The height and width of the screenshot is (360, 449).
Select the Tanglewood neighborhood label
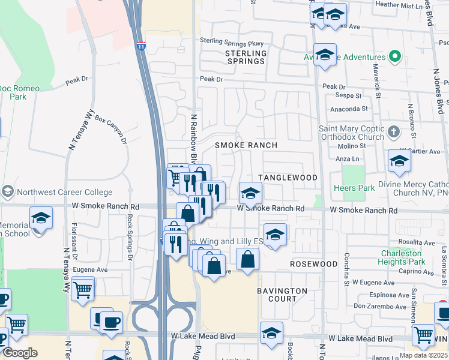288,178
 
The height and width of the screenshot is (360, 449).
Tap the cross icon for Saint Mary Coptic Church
393,131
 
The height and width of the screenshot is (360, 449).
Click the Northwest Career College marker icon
7,191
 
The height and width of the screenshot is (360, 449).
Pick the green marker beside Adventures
394,58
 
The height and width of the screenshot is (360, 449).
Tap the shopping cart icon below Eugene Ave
83,289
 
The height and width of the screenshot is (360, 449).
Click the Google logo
20,353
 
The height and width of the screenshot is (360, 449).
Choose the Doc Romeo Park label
19,92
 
